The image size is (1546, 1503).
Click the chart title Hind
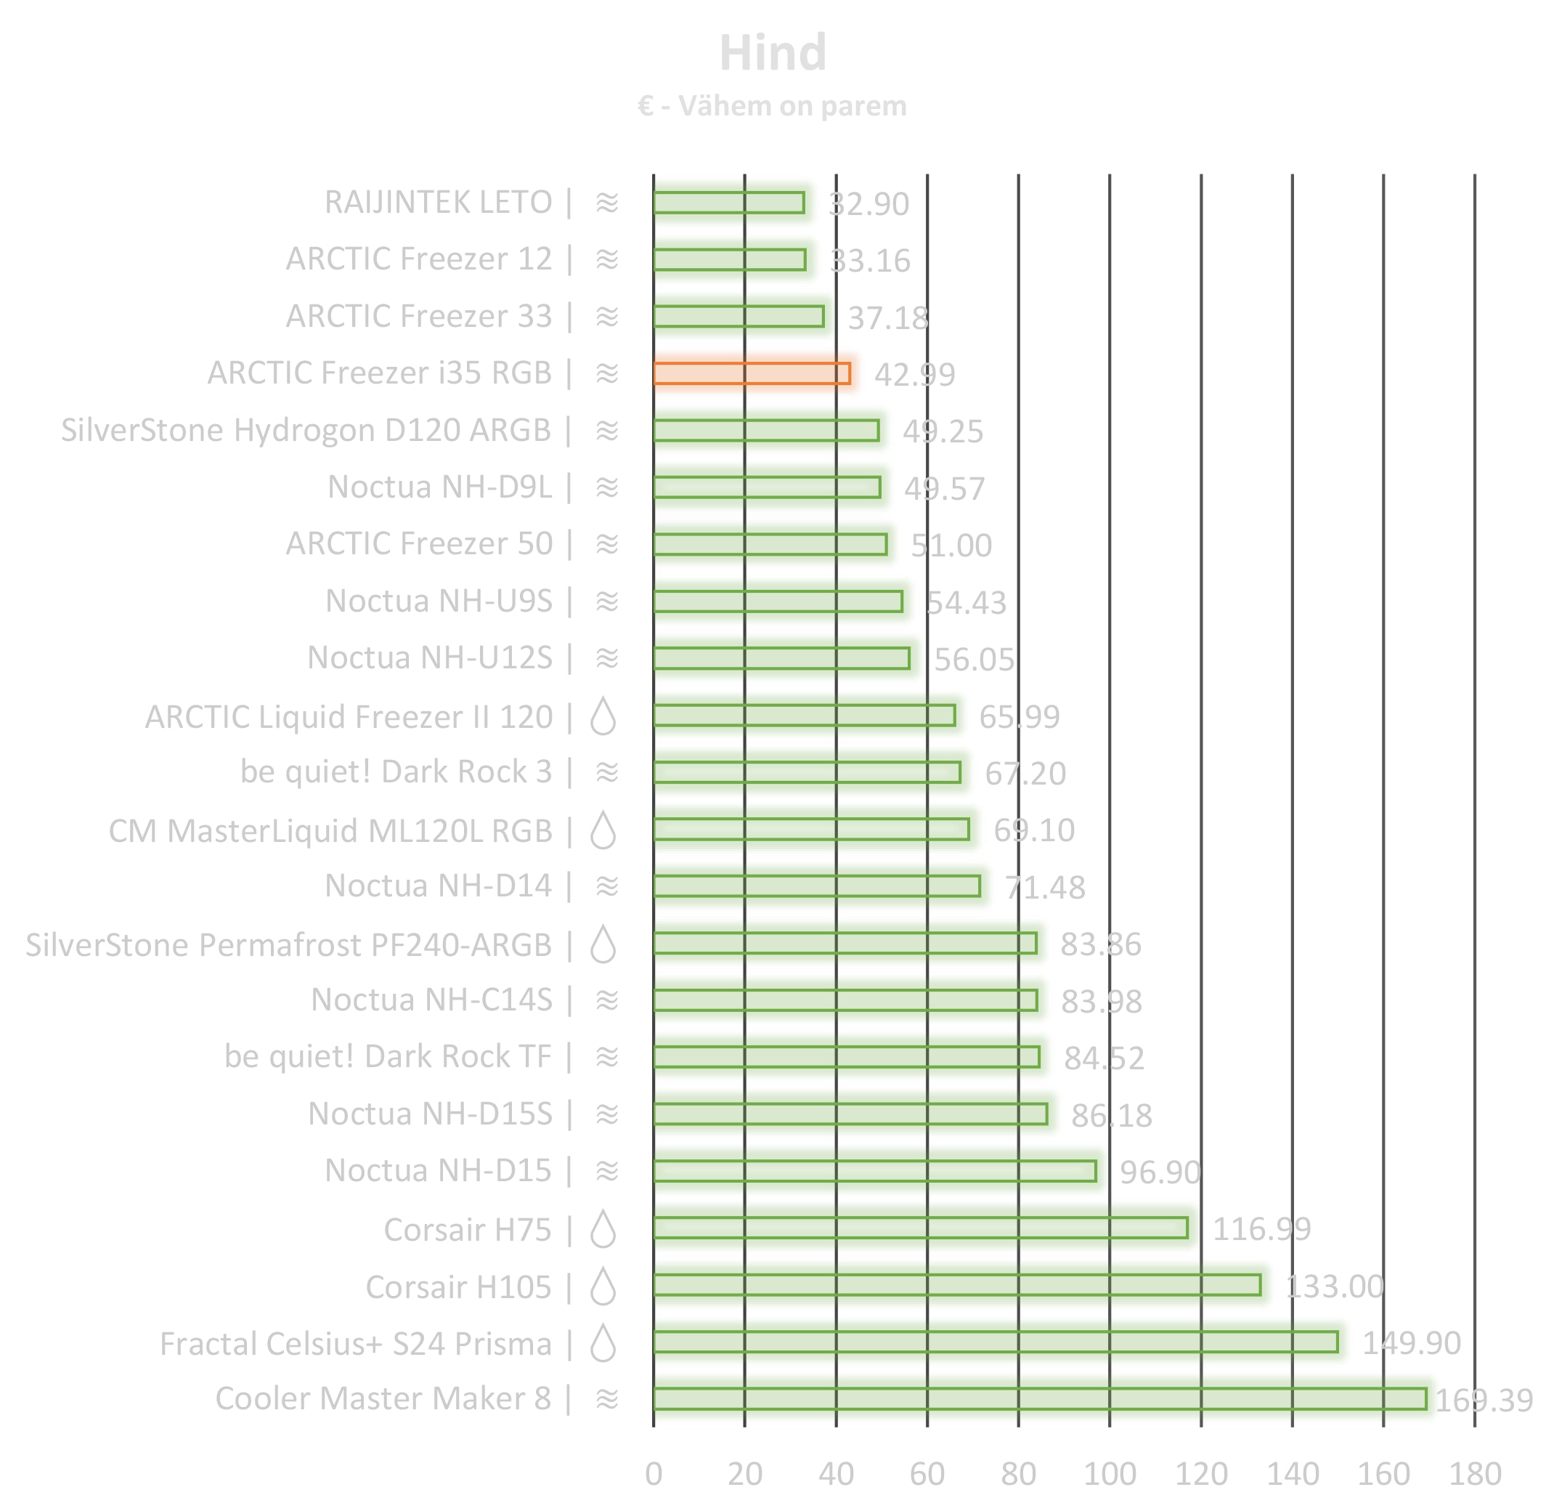[x=773, y=53]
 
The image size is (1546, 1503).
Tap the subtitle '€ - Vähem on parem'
[x=772, y=106]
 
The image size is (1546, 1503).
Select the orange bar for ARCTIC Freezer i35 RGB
[x=752, y=373]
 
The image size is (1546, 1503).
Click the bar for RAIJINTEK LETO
[x=728, y=203]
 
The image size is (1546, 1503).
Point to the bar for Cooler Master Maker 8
[x=1039, y=1399]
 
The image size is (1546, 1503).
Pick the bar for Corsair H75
[x=920, y=1228]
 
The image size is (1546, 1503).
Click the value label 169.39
[x=1483, y=1401]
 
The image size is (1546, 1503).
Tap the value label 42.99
[x=914, y=375]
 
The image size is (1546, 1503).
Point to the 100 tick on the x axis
[x=1109, y=1474]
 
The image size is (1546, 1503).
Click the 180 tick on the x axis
[x=1474, y=1474]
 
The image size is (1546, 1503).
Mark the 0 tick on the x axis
[x=654, y=1474]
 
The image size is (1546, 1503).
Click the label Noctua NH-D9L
[x=439, y=487]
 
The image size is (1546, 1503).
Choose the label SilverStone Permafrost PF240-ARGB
[x=288, y=945]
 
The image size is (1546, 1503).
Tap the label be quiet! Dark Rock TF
[x=388, y=1056]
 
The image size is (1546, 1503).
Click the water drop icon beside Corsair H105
[x=603, y=1287]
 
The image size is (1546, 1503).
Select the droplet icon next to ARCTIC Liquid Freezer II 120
[x=603, y=717]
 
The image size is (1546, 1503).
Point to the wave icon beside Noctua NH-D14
[x=606, y=886]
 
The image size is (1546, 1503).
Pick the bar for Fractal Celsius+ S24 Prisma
[x=995, y=1342]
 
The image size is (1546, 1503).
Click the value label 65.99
[x=1019, y=717]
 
